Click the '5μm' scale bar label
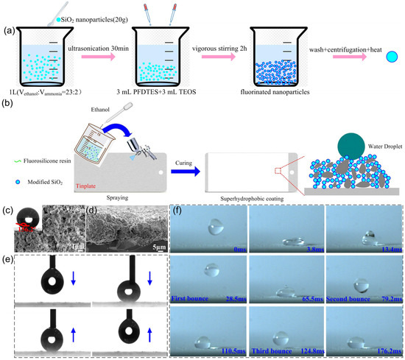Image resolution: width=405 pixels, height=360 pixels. tap(152, 247)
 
